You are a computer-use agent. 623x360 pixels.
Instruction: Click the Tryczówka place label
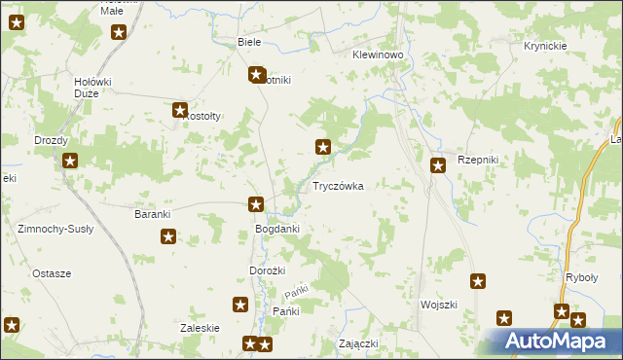pos(338,185)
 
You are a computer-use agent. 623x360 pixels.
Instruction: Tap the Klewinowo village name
pos(378,55)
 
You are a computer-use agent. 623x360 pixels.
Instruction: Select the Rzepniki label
pos(478,160)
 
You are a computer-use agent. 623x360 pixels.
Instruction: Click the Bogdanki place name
pos(276,229)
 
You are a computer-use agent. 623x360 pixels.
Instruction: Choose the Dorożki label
pos(268,270)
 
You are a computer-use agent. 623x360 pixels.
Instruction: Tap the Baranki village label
pos(153,213)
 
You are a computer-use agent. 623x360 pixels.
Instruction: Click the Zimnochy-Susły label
pos(55,229)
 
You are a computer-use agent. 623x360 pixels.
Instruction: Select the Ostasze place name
pos(52,273)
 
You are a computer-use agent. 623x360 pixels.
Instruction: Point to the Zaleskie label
pos(200,328)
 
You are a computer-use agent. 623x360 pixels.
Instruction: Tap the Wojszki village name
pos(439,305)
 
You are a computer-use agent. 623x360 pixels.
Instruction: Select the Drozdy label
pos(51,140)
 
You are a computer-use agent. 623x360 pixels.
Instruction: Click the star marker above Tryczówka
pos(322,148)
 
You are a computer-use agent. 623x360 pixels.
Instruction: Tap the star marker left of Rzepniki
pos(438,165)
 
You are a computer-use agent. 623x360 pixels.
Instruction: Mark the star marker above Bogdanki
pos(256,204)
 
